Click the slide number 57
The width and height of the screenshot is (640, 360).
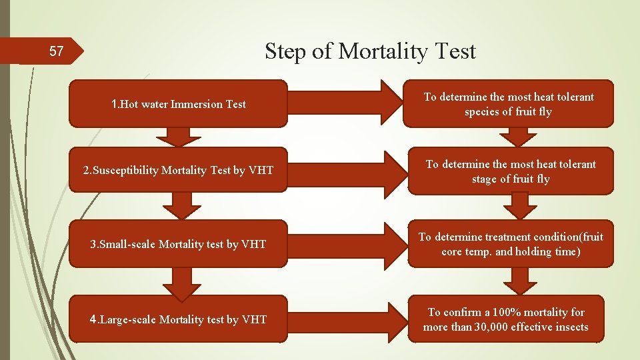click(57, 51)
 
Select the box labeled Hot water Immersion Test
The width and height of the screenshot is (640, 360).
click(178, 104)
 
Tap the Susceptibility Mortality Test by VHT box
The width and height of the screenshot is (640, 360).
click(178, 170)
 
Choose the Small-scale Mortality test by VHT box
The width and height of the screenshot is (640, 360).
click(178, 244)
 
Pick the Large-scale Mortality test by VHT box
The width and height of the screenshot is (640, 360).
click(178, 319)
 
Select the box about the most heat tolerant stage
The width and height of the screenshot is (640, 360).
click(510, 171)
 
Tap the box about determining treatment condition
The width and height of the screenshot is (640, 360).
click(510, 244)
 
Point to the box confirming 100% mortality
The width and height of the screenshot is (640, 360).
click(505, 319)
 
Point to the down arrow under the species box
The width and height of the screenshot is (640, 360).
click(517, 137)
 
